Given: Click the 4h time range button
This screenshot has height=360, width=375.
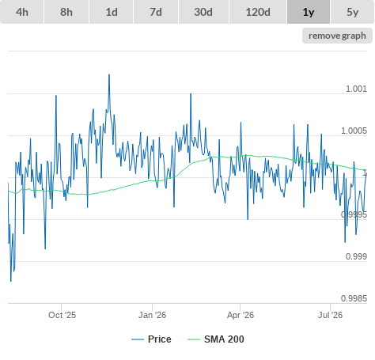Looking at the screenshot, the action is (x=22, y=12).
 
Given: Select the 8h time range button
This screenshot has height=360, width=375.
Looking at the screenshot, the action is (x=66, y=12).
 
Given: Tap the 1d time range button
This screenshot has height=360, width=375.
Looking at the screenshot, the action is (x=112, y=12).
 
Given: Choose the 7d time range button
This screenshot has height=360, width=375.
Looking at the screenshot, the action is (x=156, y=12).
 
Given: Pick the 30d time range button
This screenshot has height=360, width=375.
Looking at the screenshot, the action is (x=203, y=12).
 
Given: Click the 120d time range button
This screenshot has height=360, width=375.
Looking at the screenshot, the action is (x=258, y=12).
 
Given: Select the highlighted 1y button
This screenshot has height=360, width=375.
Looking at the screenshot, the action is (x=309, y=12).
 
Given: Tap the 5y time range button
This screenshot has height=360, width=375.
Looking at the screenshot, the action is (x=353, y=12).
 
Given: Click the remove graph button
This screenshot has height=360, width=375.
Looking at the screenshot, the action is (x=337, y=36).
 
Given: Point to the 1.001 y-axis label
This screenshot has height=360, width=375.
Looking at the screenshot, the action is (x=356, y=89).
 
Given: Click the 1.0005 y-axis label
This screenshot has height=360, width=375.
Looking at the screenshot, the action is (x=354, y=131).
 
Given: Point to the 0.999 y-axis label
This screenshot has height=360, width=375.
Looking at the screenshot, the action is (x=356, y=256).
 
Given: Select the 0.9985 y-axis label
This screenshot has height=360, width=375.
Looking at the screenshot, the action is (x=354, y=298).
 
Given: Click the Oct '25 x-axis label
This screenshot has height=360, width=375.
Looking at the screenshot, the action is (x=62, y=315).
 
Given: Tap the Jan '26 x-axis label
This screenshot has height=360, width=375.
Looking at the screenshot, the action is (x=152, y=315).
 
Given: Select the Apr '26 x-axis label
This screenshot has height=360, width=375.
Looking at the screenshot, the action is (x=241, y=315).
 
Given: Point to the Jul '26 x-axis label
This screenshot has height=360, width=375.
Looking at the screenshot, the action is (x=330, y=315).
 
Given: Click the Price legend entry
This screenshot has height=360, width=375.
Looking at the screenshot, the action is (x=151, y=339).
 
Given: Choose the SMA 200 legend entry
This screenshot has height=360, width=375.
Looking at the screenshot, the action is (x=216, y=339).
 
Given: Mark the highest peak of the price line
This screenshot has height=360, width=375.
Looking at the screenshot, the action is (x=109, y=74).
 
